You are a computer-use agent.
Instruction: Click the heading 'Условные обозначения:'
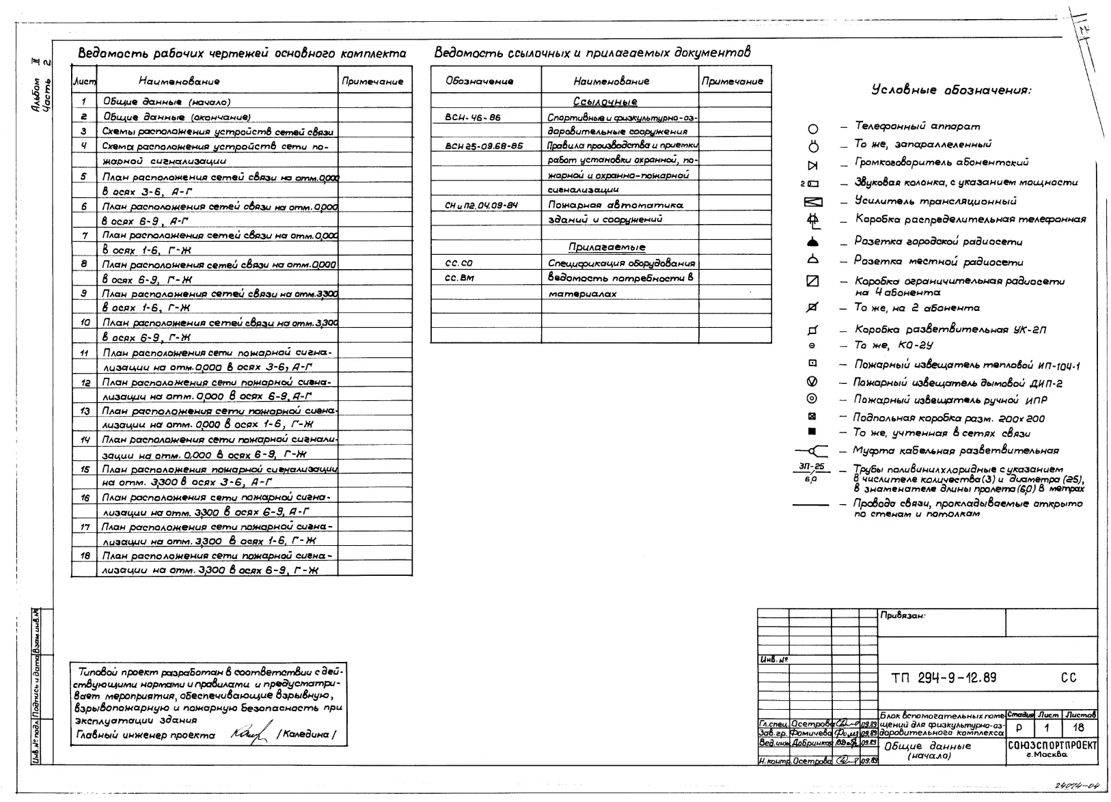[x=951, y=90]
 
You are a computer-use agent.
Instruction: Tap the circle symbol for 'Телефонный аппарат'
[x=812, y=128]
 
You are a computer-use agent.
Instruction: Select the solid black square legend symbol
[x=812, y=432]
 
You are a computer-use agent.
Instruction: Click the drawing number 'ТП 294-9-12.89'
[x=944, y=678]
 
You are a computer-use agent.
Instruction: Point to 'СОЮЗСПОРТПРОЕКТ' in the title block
[x=1052, y=745]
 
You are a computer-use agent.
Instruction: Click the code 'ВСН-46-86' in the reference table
[x=473, y=117]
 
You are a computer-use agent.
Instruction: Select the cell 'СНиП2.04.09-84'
[x=481, y=205]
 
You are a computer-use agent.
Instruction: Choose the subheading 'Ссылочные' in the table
[x=605, y=102]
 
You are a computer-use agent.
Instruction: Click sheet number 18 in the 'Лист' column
[x=85, y=556]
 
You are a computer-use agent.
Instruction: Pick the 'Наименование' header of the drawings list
[x=179, y=81]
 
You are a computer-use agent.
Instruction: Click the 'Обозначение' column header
[x=479, y=81]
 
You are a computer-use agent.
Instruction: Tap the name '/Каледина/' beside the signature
[x=305, y=735]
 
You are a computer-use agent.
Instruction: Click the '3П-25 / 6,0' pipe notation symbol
[x=811, y=473]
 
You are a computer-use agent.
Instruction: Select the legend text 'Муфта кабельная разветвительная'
[x=955, y=451]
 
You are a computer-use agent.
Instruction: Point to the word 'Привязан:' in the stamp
[x=903, y=616]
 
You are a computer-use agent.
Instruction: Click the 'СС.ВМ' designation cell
[x=459, y=278]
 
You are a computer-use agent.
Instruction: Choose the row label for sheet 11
[x=85, y=353]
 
